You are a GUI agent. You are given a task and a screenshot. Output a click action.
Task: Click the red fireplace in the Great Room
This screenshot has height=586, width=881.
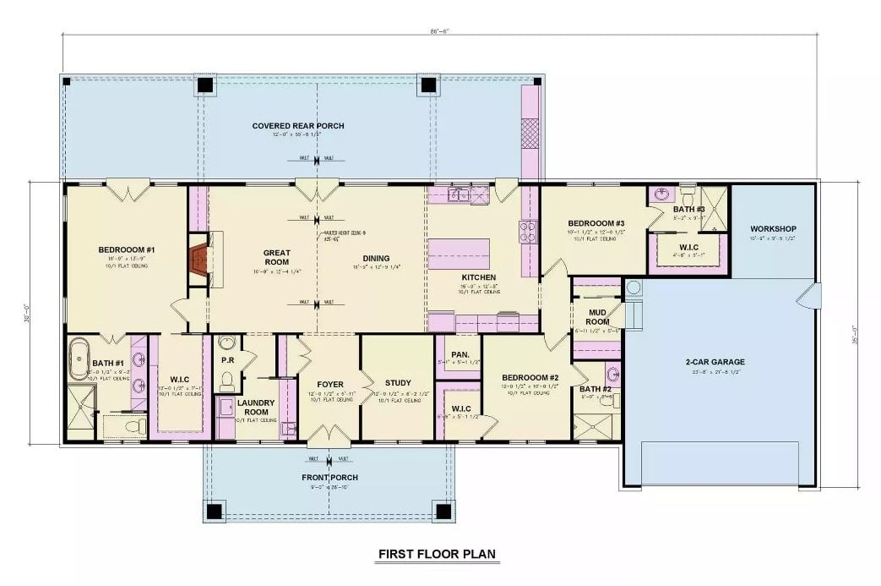click(199, 257)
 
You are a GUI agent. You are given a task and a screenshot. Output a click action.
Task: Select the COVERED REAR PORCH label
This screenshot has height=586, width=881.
click(298, 126)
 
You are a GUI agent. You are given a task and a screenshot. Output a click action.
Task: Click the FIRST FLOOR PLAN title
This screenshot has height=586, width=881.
click(437, 555)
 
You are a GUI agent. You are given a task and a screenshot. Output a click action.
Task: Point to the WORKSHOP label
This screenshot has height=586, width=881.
click(773, 229)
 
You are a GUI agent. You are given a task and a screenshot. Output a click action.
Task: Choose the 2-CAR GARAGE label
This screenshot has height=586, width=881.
click(715, 362)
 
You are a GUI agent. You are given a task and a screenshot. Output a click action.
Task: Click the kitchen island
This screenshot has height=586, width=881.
click(460, 253)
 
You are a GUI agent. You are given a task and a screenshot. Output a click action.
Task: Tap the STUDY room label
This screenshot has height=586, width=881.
click(397, 382)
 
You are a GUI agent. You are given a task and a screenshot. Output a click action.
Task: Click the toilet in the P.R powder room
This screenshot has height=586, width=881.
click(226, 382)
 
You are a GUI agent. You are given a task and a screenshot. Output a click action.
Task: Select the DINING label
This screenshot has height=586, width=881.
click(376, 259)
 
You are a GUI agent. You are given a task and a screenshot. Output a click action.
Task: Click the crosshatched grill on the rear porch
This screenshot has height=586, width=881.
click(530, 134)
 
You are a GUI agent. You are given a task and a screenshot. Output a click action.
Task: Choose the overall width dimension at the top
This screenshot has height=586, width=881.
click(438, 31)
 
